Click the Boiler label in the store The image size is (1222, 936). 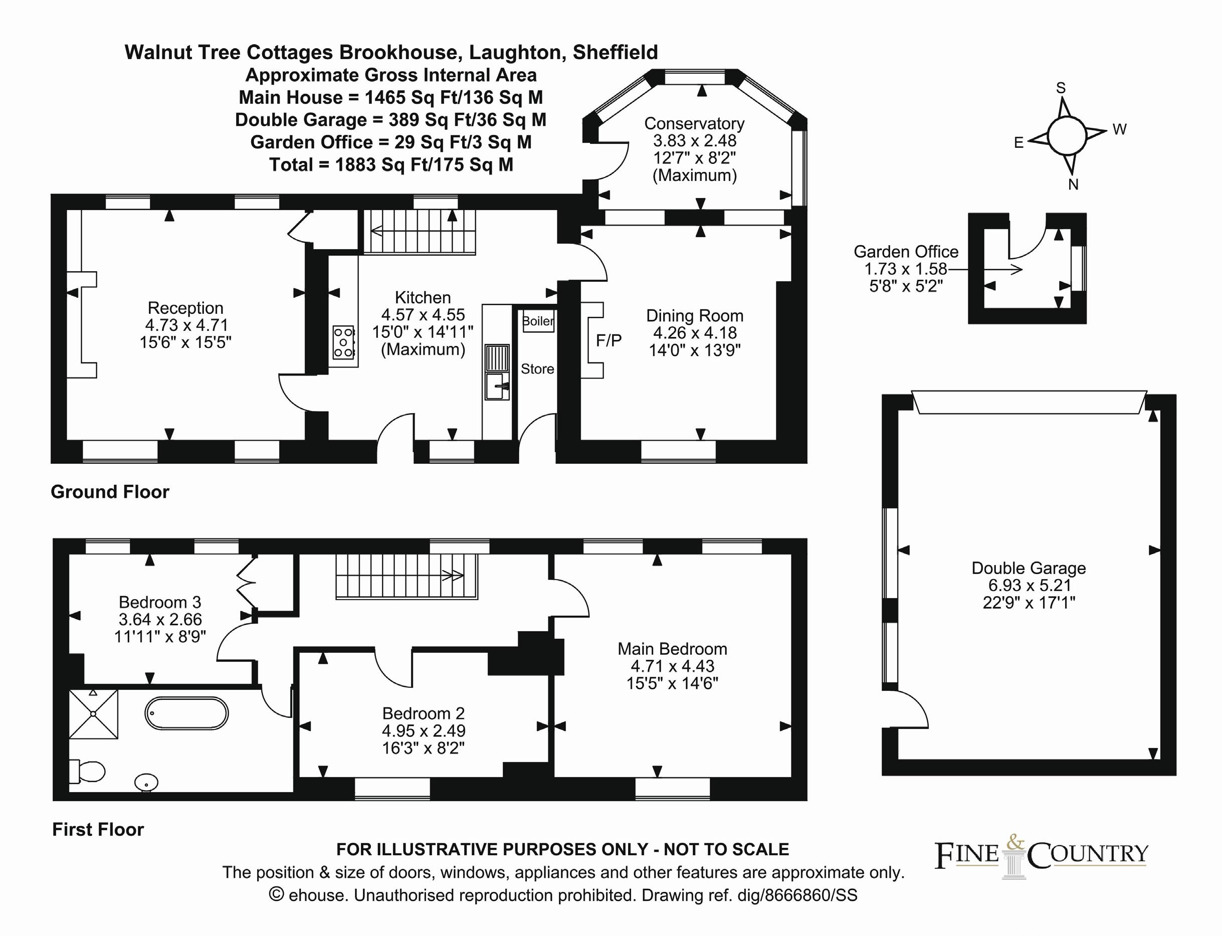pos(537,321)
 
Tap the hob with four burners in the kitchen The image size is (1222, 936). pos(343,342)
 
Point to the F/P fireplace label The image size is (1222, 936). pos(608,340)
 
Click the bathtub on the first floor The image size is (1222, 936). pos(186,713)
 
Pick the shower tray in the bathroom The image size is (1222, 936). pos(94,714)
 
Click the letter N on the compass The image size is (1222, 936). pos(1073,184)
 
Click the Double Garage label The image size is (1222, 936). pos(1028,569)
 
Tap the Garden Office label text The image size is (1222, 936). pos(906,252)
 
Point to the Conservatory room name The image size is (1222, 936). pos(694,123)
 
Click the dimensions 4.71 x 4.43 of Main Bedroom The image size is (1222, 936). pos(672,666)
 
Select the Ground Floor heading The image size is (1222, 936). pos(110,491)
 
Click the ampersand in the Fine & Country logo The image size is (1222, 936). pos(1015,843)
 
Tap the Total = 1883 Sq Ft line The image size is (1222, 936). pos(391,165)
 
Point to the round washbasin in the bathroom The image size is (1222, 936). pos(146,782)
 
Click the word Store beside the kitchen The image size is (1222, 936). pos(537,369)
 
